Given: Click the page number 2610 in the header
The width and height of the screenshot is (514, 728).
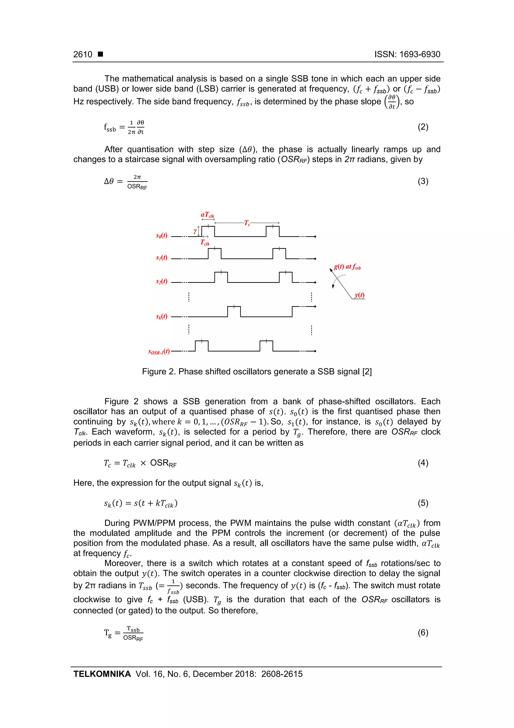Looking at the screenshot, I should (83, 55).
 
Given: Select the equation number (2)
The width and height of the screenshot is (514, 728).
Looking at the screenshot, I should (423, 127).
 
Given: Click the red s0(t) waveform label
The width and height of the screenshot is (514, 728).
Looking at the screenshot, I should (162, 235).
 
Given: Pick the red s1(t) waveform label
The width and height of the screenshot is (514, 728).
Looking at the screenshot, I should (162, 258).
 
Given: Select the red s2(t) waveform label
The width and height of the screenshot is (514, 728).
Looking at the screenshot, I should (162, 281).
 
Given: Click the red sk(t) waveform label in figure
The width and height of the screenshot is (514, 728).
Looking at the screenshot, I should (162, 316).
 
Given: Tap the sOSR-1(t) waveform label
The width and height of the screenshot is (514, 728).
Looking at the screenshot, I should (159, 351).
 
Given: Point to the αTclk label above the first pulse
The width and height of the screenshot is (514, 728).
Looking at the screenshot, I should (208, 215).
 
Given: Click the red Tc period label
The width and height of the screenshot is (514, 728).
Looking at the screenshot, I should (247, 223).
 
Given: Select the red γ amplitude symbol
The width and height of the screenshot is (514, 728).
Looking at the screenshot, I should (195, 231).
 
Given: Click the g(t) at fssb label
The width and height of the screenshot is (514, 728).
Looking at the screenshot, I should (347, 267).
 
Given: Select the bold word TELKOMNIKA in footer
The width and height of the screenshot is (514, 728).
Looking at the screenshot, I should (102, 674).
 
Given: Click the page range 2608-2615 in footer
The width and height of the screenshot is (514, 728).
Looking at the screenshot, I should (282, 674).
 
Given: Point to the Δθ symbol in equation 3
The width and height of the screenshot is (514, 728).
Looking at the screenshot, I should (109, 181).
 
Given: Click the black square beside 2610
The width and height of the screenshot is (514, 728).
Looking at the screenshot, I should (100, 54).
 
